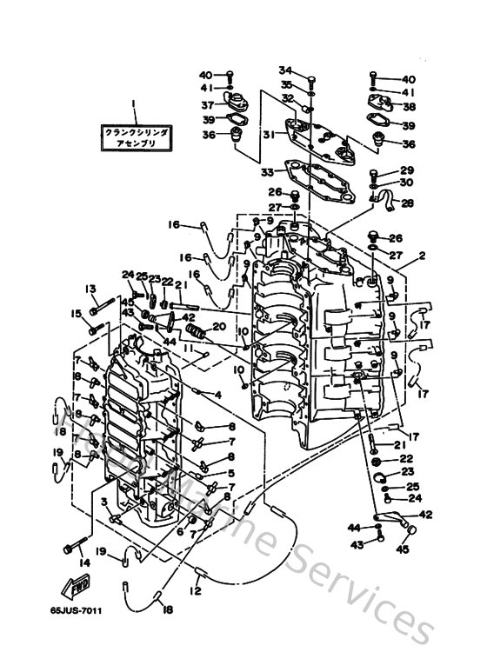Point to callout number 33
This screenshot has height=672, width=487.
click(x=266, y=171)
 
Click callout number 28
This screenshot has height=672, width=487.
click(x=408, y=203)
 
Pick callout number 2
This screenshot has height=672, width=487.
click(x=421, y=257)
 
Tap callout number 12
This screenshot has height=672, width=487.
click(x=197, y=591)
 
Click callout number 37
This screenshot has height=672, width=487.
click(x=209, y=104)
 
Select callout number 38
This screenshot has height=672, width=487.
click(x=408, y=107)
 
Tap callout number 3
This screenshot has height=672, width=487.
click(x=103, y=502)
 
